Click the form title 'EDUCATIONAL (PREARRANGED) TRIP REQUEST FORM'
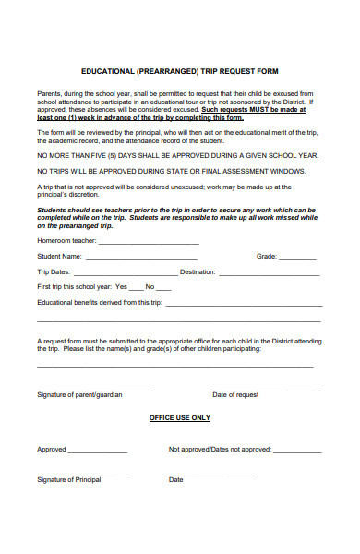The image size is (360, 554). pyautogui.click(x=179, y=71)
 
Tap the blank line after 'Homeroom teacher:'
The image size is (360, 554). pyautogui.click(x=149, y=243)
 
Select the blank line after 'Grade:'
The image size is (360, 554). pyautogui.click(x=300, y=257)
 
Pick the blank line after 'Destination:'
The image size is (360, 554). pyautogui.click(x=269, y=273)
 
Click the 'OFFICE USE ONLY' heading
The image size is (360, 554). pyautogui.click(x=180, y=417)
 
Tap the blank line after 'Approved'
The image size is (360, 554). pyautogui.click(x=97, y=452)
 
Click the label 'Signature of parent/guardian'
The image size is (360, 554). pyautogui.click(x=79, y=394)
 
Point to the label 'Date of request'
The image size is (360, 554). pyautogui.click(x=235, y=394)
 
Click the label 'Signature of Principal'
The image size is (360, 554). pyautogui.click(x=69, y=480)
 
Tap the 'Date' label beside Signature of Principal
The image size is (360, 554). pyautogui.click(x=175, y=480)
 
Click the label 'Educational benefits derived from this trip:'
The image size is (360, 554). pyautogui.click(x=100, y=302)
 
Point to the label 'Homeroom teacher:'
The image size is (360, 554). pyautogui.click(x=66, y=241)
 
